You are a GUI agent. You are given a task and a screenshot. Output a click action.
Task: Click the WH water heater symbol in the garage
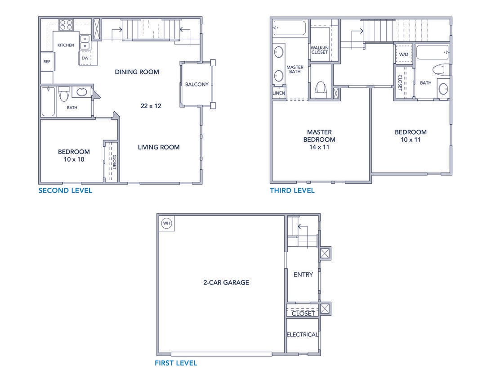click(x=166, y=223)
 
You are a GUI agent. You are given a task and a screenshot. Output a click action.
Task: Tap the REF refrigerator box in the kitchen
click(x=46, y=62)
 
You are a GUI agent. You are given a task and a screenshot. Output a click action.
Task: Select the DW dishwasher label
click(x=85, y=58)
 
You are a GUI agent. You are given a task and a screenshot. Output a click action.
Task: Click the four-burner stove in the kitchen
click(x=67, y=24)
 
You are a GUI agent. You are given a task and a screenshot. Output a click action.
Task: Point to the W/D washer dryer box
click(x=404, y=54)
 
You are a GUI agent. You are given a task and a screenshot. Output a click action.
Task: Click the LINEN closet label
click(x=278, y=93)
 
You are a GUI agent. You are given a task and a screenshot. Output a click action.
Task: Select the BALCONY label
click(x=197, y=84)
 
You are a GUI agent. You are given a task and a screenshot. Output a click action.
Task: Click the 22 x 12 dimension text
click(x=151, y=106)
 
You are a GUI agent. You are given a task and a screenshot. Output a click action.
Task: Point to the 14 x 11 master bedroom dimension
click(x=319, y=147)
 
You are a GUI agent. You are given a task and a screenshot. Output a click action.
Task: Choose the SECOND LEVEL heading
click(x=65, y=190)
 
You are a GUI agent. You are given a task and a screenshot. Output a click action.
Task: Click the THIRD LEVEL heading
click(x=292, y=190)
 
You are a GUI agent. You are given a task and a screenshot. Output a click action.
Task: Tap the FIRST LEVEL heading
click(x=176, y=363)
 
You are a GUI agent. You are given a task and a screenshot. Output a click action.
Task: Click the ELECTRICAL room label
click(x=303, y=335)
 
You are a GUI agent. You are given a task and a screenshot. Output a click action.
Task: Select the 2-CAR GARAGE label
click(x=226, y=283)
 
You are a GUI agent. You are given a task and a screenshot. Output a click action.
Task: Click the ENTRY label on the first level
click(x=303, y=275)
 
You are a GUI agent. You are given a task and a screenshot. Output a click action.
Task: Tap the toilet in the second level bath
click(x=63, y=94)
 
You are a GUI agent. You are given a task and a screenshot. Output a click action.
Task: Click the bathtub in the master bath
click(x=289, y=28)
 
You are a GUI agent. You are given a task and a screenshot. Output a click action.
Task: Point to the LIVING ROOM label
click(x=159, y=147)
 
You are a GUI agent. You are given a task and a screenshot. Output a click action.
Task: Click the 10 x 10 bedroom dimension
click(x=74, y=159)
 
